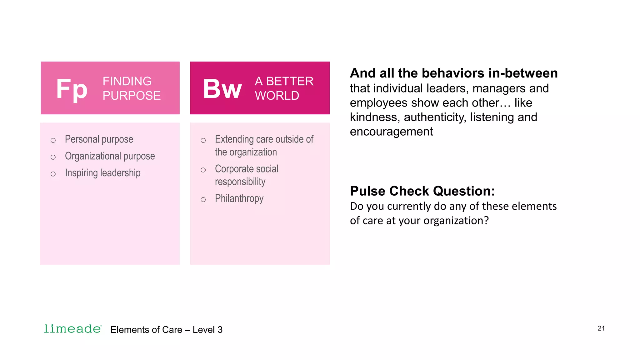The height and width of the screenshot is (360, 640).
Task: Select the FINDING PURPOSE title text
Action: pyautogui.click(x=132, y=88)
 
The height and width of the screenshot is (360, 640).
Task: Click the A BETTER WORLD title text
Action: pyautogui.click(x=284, y=88)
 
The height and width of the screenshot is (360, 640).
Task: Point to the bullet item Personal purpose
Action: pyautogui.click(x=99, y=139)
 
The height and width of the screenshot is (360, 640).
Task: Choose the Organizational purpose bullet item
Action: pyautogui.click(x=110, y=156)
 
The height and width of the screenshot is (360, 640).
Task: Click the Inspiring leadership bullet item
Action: pyautogui.click(x=102, y=173)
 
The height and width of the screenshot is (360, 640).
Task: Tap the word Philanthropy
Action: pyautogui.click(x=239, y=199)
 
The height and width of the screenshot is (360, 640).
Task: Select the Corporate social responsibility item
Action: pyautogui.click(x=246, y=175)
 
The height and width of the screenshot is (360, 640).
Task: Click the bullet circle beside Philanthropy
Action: pyautogui.click(x=203, y=200)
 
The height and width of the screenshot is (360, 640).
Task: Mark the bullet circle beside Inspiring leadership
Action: pyautogui.click(x=53, y=174)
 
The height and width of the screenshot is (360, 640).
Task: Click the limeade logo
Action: pyautogui.click(x=72, y=329)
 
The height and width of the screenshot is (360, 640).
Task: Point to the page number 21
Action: pyautogui.click(x=601, y=328)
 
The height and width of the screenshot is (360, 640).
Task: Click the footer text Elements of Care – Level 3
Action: pyautogui.click(x=166, y=330)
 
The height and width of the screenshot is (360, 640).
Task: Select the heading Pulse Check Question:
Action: pyautogui.click(x=422, y=191)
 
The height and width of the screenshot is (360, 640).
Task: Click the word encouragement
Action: pyautogui.click(x=391, y=132)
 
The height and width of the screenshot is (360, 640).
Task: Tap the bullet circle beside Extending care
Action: pyautogui.click(x=203, y=141)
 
